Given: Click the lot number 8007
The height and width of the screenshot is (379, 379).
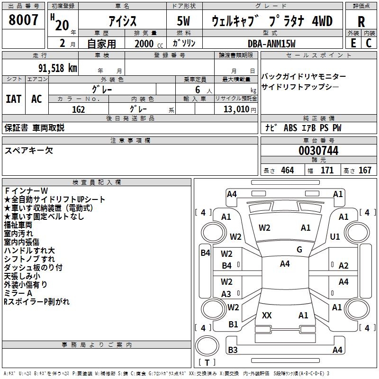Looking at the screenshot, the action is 24,20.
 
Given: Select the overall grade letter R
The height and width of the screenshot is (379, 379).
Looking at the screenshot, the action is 361,21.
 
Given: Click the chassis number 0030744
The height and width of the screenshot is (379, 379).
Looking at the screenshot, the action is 318,151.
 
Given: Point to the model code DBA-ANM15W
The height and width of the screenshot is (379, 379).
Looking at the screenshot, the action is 271,44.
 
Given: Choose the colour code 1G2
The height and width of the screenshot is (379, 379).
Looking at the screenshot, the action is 78,109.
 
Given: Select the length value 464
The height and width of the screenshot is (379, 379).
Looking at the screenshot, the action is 287,170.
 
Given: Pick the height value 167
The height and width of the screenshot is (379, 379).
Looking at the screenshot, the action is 365,170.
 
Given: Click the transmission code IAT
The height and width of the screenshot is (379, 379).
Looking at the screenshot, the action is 14,99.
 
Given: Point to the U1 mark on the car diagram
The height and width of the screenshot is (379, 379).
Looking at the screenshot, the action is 335,236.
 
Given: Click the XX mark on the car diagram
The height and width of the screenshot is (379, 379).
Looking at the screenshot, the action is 267,315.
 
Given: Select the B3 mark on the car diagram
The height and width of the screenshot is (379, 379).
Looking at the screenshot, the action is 233,350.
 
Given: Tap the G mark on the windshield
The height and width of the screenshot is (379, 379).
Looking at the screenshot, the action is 299,250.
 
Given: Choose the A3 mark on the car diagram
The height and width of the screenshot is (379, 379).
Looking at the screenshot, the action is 226,294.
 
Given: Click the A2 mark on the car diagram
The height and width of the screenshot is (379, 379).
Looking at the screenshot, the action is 343,266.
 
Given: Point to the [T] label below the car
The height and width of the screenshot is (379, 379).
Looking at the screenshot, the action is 207,362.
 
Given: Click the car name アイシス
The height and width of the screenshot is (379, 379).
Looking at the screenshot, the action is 122,21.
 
